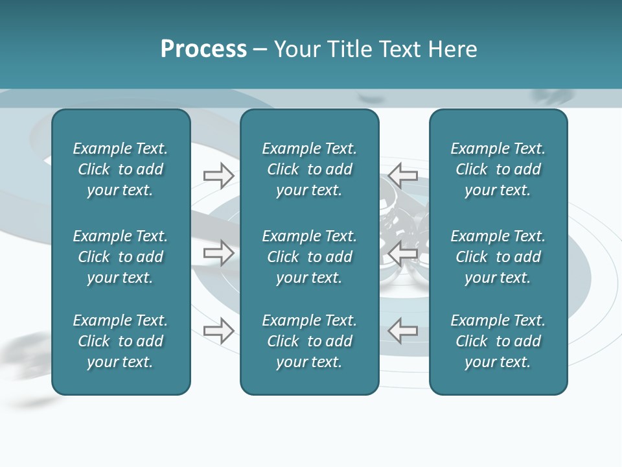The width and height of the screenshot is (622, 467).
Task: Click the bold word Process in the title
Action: tap(203, 49)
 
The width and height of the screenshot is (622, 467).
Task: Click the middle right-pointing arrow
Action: tap(219, 252)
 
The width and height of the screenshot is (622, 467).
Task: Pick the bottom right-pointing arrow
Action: tap(219, 331)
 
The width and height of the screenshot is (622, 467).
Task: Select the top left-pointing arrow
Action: tap(403, 175)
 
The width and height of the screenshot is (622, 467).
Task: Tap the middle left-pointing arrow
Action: tap(403, 252)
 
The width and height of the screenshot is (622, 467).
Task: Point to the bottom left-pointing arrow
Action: tap(403, 330)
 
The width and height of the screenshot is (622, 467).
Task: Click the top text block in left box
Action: tap(121, 169)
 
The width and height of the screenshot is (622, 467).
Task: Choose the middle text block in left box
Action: tap(121, 257)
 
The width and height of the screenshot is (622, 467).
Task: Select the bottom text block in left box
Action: tap(121, 341)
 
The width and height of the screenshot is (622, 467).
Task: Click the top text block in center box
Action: tap(309, 169)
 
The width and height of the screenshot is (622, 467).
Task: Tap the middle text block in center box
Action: tap(309, 257)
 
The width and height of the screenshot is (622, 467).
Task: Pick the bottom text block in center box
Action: tap(309, 341)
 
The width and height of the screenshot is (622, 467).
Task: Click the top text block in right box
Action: tap(498, 169)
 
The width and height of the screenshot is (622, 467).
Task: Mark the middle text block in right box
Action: tap(498, 257)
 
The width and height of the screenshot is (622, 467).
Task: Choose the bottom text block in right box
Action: tap(498, 341)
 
